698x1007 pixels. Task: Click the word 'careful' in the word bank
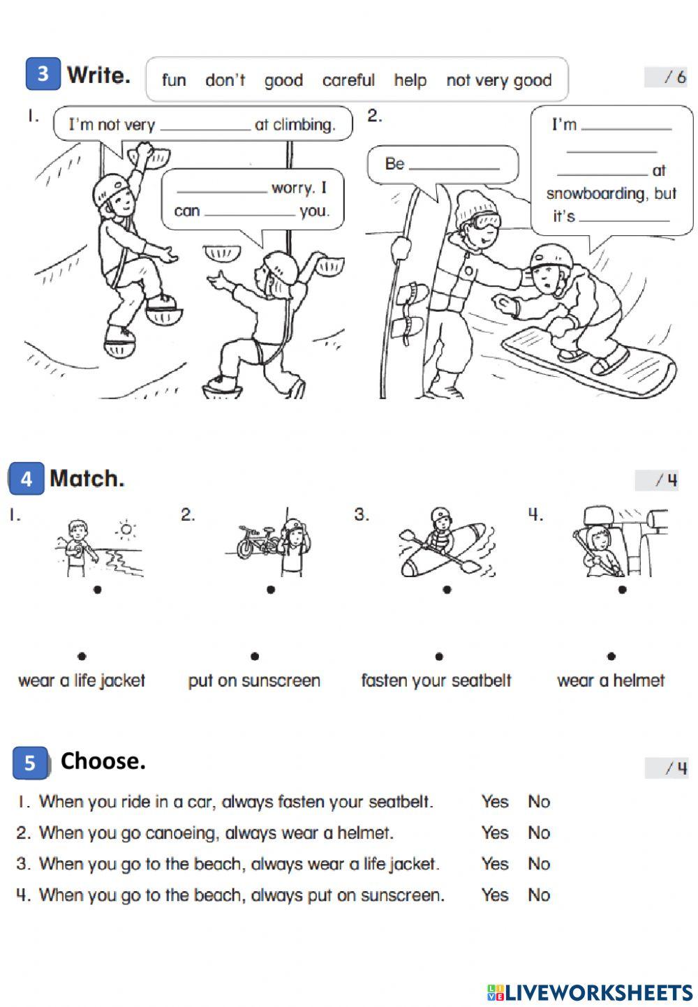[348, 80]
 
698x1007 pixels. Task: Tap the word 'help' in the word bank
[410, 80]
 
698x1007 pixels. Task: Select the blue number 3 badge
[43, 74]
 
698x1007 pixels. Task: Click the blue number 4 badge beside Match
[26, 478]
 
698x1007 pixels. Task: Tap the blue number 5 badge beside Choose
[30, 763]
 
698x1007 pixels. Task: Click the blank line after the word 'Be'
[454, 169]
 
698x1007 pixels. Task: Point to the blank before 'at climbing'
[205, 130]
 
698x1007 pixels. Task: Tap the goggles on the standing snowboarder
[485, 221]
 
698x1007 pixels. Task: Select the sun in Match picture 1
[126, 530]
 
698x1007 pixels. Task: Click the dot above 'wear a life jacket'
[82, 657]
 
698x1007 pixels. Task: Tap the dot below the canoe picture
[447, 590]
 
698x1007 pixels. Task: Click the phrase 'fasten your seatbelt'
[436, 680]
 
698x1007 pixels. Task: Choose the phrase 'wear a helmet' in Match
[611, 680]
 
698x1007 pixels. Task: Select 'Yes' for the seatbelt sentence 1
[495, 801]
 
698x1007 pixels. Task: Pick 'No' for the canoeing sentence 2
[539, 833]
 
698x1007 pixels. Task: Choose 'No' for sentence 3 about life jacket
[539, 864]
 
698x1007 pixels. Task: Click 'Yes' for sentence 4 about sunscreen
[495, 895]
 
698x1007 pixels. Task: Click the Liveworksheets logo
[590, 992]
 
